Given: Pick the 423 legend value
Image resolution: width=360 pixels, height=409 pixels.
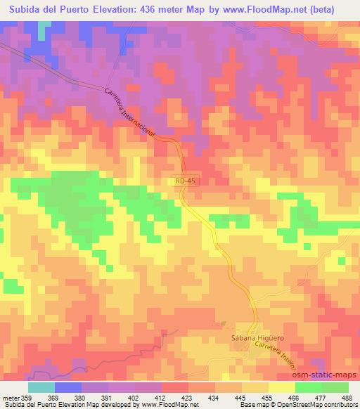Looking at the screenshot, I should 187,398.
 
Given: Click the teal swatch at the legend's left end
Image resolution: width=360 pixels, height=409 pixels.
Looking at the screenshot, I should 41,387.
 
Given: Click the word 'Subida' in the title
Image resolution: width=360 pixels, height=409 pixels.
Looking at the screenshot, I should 25,9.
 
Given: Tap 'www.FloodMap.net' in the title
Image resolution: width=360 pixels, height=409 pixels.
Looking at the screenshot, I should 271,9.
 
